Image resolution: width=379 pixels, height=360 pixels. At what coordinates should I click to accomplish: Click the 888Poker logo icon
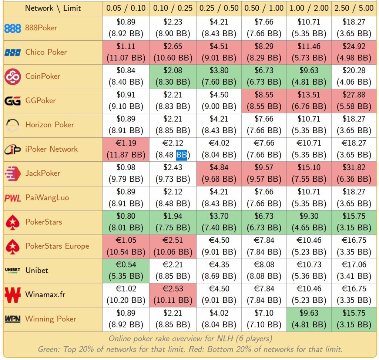coord(13,28)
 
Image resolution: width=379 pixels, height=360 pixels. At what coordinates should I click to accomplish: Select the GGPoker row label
coord(40,101)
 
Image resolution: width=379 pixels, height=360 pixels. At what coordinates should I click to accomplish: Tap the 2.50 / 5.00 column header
coord(354,8)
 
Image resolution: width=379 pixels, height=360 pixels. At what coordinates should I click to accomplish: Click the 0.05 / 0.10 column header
coord(126,8)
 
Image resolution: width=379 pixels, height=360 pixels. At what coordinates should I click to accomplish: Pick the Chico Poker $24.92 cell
coord(354,52)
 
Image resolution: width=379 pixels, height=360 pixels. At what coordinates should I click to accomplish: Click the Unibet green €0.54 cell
coord(126,270)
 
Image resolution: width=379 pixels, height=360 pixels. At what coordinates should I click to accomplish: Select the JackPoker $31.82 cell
coord(354,173)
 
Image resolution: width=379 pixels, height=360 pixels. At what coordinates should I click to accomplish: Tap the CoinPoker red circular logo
coord(13,77)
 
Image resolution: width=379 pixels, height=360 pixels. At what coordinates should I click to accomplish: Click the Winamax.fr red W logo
coord(13,295)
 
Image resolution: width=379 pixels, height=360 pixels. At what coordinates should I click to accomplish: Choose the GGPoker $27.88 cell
coord(354,101)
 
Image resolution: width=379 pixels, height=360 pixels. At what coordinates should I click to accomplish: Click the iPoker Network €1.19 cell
coord(126,149)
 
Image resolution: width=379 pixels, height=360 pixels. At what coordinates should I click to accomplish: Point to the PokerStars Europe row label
coord(57,246)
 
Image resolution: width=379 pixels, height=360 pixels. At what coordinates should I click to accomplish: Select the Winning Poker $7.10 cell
coord(264,319)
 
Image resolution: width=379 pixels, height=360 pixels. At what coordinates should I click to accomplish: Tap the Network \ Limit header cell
coord(53,8)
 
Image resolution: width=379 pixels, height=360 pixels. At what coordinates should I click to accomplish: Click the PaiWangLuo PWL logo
coord(13,198)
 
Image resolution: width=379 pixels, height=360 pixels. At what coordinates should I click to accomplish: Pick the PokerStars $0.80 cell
coord(126,222)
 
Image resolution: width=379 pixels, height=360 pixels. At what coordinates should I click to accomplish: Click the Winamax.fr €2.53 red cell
coord(173,295)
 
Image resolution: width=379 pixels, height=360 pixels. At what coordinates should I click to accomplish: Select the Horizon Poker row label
coord(50,125)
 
